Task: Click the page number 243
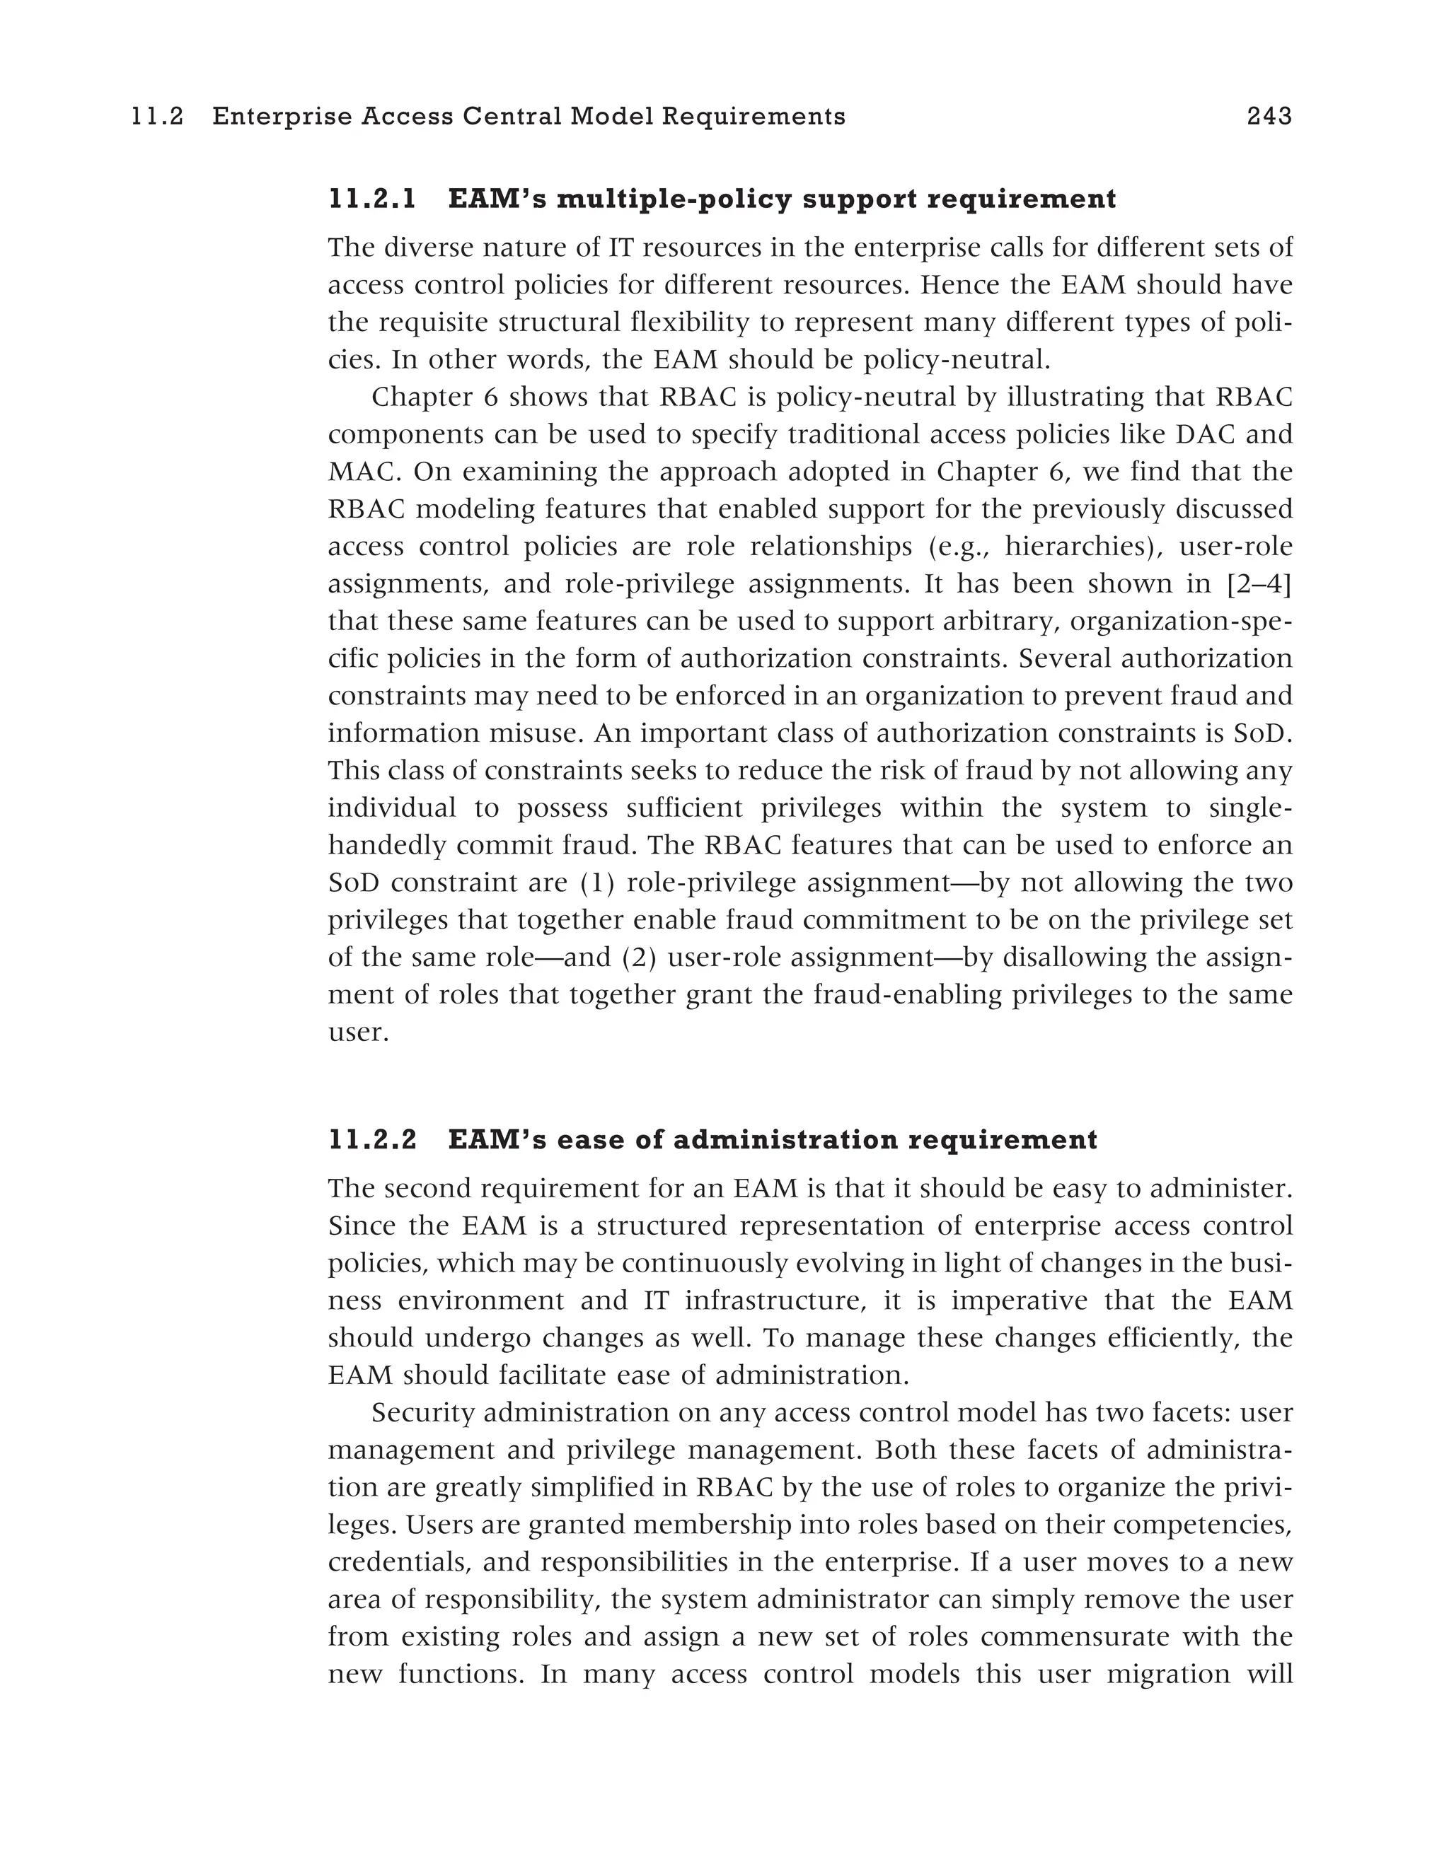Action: (1269, 116)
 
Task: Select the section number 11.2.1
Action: (373, 199)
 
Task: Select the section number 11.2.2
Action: (373, 1140)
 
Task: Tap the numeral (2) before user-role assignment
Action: (638, 958)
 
